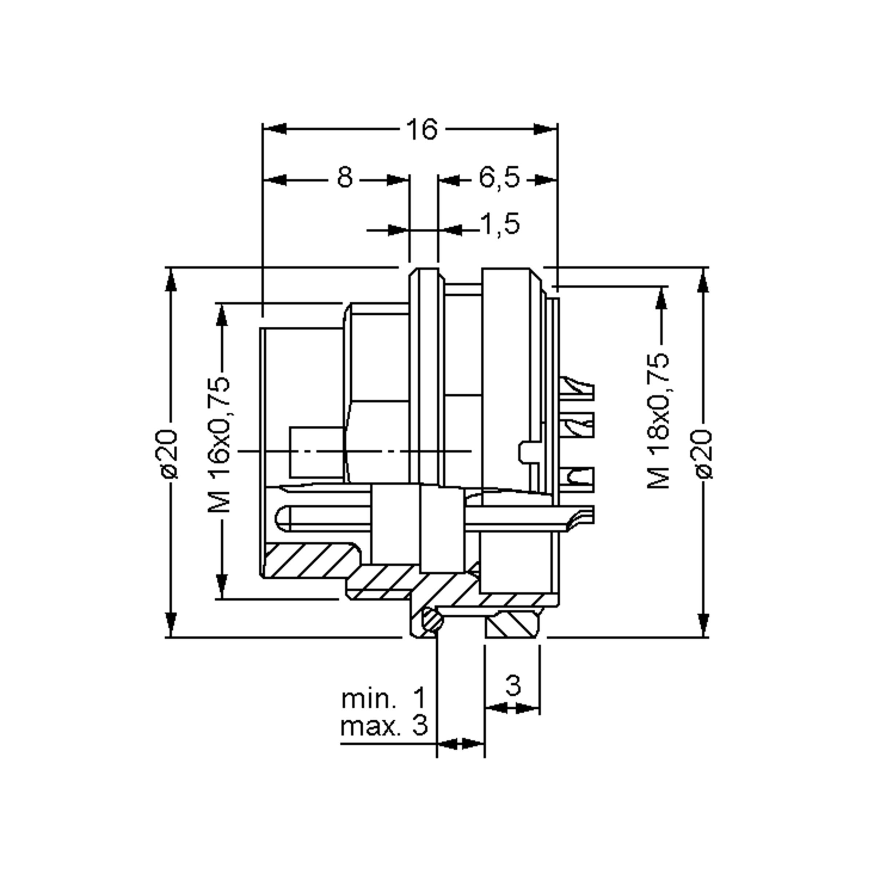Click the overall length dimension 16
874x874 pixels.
point(422,129)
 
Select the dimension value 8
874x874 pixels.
point(345,177)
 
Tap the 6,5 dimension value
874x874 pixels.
point(499,177)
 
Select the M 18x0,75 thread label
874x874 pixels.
point(658,421)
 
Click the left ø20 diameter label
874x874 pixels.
point(166,453)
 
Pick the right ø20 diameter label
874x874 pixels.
point(704,453)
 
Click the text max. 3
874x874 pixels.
point(383,726)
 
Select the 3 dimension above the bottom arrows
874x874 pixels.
point(512,686)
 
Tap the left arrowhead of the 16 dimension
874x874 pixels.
point(274,129)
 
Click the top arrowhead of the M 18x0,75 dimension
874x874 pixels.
point(662,299)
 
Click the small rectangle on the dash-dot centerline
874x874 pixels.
point(316,452)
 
